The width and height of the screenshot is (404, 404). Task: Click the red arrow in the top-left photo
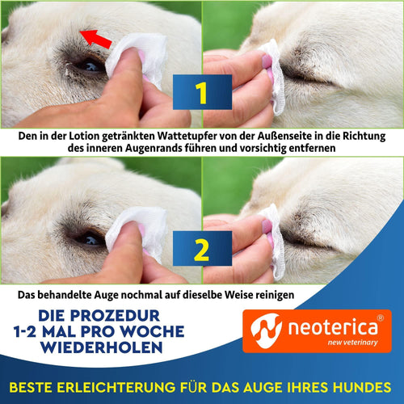(95, 38)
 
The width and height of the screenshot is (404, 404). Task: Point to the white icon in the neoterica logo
(263, 329)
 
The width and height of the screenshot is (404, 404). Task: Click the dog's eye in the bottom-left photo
(87, 239)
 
